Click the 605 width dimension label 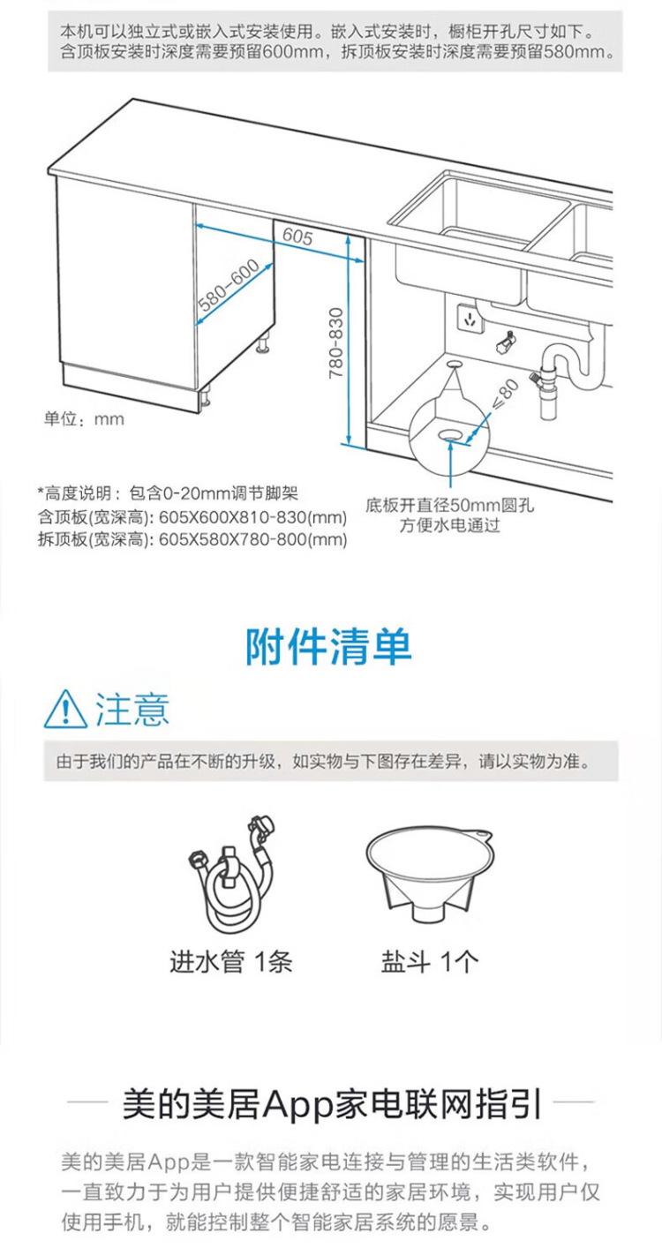pyautogui.click(x=298, y=237)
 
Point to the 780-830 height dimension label pyautogui.click(x=335, y=342)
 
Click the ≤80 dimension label pyautogui.click(x=504, y=395)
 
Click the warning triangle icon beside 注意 pyautogui.click(x=65, y=709)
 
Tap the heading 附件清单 pyautogui.click(x=328, y=648)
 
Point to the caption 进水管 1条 pyautogui.click(x=230, y=961)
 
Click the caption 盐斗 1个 pyautogui.click(x=430, y=961)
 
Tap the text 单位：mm pyautogui.click(x=85, y=419)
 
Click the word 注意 pyautogui.click(x=132, y=709)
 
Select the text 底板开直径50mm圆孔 pyautogui.click(x=450, y=507)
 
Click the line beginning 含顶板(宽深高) pyautogui.click(x=192, y=518)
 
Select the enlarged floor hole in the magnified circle pyautogui.click(x=450, y=434)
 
